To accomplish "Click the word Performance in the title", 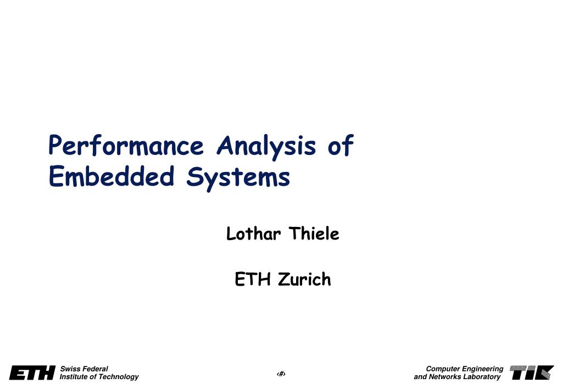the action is tap(126, 146).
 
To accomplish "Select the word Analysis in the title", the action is tap(266, 147).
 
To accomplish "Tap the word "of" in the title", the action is tap(341, 145).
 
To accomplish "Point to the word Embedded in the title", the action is tap(112, 176).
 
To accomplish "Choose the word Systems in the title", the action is tap(238, 178).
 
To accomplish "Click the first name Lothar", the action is tap(253, 234).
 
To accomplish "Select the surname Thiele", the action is tap(314, 234).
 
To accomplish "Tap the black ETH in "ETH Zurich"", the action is tap(252, 279).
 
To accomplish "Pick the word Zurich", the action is tap(304, 279).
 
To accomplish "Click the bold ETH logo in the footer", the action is tap(32, 373).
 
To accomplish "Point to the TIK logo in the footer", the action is tap(532, 373).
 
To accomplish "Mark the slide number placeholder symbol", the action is tap(281, 374).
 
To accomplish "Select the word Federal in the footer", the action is tap(94, 369).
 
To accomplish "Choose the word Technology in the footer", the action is tap(118, 377).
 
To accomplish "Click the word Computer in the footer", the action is tap(443, 369).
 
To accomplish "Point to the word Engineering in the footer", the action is tap(483, 369).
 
